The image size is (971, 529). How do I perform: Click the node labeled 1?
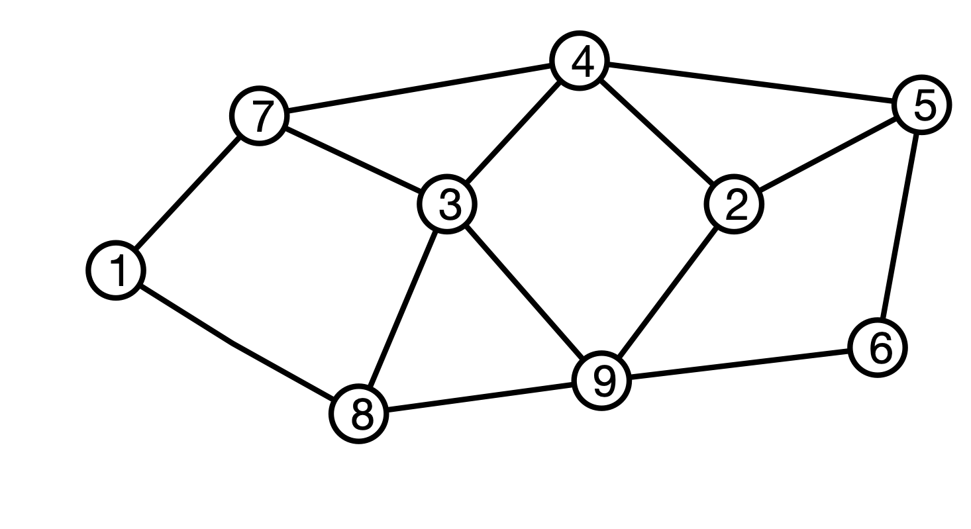pos(116,270)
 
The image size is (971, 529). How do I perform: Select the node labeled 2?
pos(734,204)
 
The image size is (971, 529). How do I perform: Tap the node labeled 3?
pos(447,204)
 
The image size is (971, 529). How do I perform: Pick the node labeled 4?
pos(580,61)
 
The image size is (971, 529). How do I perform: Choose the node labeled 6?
pos(878,348)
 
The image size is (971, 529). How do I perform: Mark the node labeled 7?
pos(259,116)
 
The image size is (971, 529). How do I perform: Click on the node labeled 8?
pos(359,414)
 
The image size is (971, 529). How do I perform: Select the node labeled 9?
pos(601,381)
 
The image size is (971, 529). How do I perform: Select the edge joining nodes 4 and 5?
pos(751,83)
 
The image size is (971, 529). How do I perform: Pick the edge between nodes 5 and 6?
pos(900,226)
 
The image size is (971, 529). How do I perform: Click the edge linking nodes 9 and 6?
pos(740,364)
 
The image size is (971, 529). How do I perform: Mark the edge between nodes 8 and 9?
pos(480,397)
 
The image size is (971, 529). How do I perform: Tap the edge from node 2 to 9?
pos(668,292)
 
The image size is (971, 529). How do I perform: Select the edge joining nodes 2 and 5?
pos(828,154)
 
